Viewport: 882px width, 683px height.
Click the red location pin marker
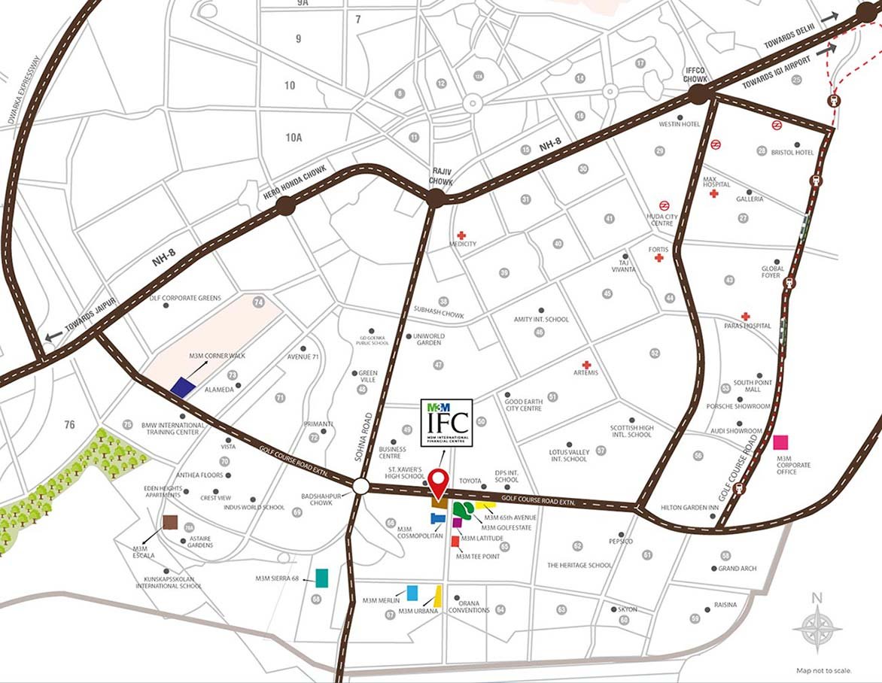point(439,478)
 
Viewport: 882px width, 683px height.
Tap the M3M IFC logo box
point(446,423)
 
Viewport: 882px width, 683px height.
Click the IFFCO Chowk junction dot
point(699,94)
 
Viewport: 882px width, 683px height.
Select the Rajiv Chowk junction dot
point(435,199)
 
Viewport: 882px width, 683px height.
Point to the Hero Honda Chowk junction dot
point(285,205)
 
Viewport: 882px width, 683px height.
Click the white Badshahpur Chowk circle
point(360,487)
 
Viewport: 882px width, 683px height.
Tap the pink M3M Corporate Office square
point(781,442)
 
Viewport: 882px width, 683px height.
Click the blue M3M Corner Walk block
point(183,387)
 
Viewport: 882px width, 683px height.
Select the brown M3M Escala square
point(170,523)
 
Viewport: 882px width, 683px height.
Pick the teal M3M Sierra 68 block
point(322,578)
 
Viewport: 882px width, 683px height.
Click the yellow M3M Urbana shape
point(437,596)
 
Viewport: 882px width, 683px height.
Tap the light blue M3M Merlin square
point(412,593)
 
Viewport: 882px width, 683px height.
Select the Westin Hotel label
point(679,124)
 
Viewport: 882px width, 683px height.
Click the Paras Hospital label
point(746,326)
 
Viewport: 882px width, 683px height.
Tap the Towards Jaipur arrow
point(53,337)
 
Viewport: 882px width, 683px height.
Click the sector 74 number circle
point(260,302)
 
